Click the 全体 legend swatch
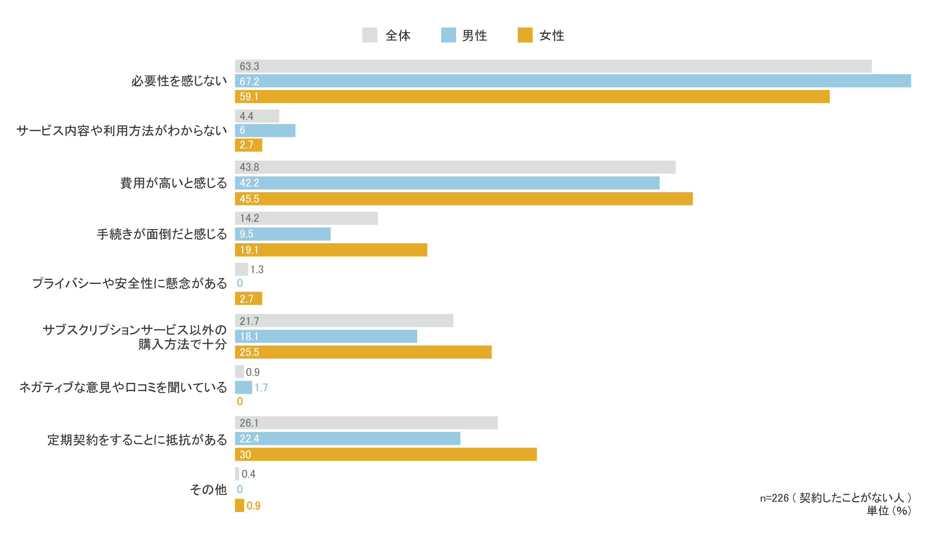coord(369,35)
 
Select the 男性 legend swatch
coord(448,35)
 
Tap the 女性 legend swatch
coord(525,35)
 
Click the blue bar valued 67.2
coord(573,81)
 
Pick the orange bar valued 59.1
coord(532,97)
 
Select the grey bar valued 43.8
coord(455,167)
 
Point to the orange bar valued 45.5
coord(464,199)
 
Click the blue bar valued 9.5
coord(283,234)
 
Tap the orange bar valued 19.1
coord(331,250)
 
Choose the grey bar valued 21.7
coord(344,321)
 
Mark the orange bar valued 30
coord(386,455)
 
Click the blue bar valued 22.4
coord(348,439)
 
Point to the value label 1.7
coord(261,388)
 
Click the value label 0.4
coord(248,474)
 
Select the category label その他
coord(208,489)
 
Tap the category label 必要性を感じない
coord(179,81)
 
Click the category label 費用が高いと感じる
coord(174,183)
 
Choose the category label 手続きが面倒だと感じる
coord(162,234)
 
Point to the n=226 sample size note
coord(835,498)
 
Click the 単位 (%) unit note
coord(889,511)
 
